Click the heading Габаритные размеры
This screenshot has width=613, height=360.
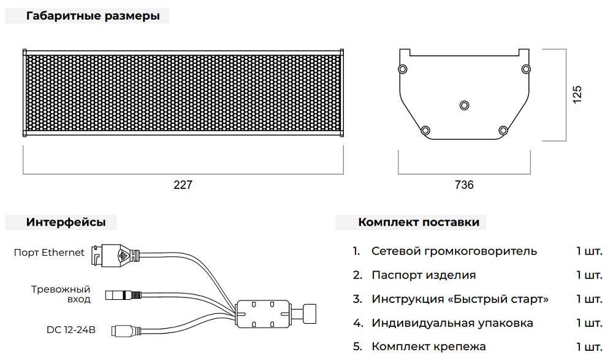pos(93,17)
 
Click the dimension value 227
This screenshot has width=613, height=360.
pos(183,185)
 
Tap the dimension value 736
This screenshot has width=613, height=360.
pos(464,185)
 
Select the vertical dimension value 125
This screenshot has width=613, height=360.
pos(577,94)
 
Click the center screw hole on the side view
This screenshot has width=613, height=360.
pos(464,105)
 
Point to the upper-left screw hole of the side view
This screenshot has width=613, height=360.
pos(402,68)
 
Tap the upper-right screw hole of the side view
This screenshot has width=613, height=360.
pos(526,68)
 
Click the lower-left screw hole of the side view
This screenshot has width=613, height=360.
pos(425,130)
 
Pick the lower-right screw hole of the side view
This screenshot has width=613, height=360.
pos(503,130)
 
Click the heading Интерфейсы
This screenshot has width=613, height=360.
pos(66,223)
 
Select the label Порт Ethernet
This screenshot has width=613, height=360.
pos(49,253)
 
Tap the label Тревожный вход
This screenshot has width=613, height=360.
pos(61,294)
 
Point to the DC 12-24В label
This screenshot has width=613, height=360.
pos(71,330)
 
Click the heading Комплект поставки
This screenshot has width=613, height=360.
pos(419,222)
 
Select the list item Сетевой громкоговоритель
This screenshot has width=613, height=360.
pos(454,251)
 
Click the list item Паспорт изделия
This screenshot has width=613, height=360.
pos(424,275)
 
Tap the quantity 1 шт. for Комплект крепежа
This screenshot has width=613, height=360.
pos(589,347)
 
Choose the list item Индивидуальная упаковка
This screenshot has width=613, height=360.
pos(452,323)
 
